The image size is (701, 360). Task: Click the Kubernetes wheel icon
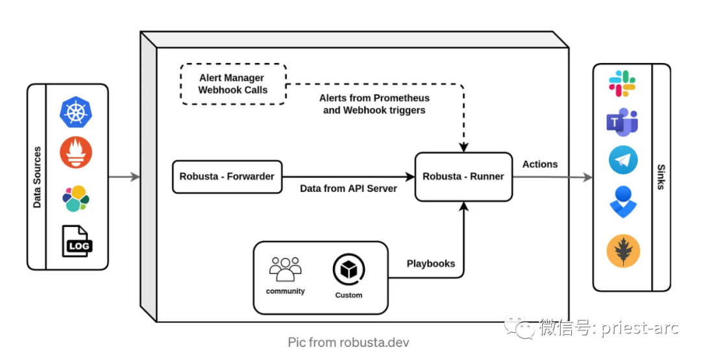(76, 112)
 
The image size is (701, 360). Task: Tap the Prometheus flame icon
(76, 152)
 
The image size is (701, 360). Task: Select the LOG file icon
(77, 241)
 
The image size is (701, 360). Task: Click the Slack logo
(622, 84)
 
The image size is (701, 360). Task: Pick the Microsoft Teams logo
(622, 121)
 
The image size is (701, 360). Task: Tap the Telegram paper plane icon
(622, 160)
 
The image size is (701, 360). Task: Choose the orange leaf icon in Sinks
(623, 251)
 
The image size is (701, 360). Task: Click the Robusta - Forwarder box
(227, 177)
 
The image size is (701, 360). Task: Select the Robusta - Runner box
(463, 177)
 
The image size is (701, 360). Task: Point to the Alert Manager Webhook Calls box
(233, 84)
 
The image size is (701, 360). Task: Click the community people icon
(285, 269)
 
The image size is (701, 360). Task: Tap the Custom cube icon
(349, 270)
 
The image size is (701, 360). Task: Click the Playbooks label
(431, 263)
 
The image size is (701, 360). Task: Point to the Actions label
(540, 164)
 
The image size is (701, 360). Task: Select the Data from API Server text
(349, 189)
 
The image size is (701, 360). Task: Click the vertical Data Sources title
(37, 177)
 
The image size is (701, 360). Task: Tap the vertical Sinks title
(661, 177)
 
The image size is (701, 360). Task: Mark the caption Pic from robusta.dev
(349, 342)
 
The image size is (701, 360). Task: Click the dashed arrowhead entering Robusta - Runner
(463, 147)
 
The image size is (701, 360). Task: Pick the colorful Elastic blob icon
(76, 198)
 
